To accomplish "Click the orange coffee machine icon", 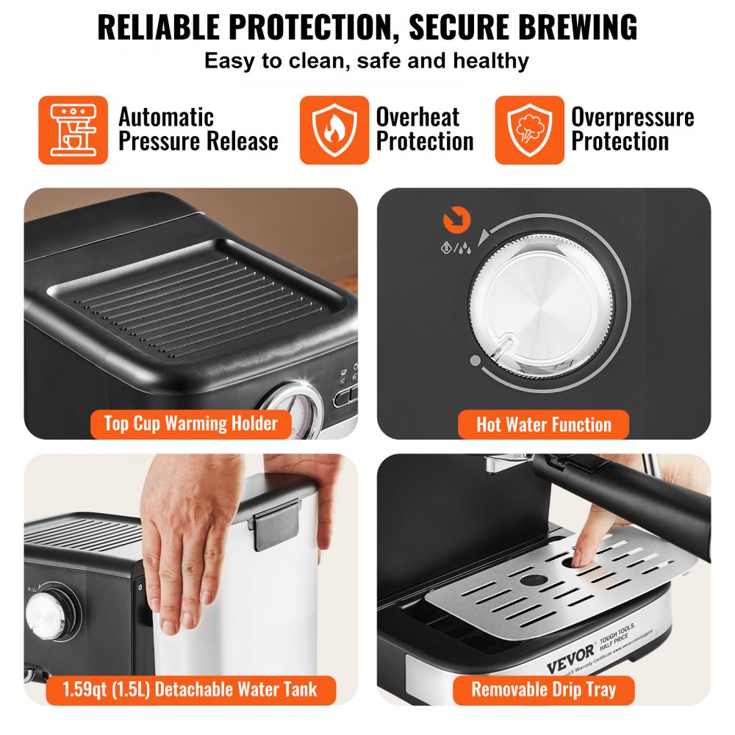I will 73,130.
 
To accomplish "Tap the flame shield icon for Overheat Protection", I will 334,130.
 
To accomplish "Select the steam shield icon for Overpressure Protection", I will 529,130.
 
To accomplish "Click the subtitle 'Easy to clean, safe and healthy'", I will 367,60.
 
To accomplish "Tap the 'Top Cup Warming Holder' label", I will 191,423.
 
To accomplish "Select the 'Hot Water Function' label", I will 543,424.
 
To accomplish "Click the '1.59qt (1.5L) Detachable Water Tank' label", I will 190,689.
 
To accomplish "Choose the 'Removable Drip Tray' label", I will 543,689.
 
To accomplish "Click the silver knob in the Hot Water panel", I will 540,301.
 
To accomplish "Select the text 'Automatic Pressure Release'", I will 198,129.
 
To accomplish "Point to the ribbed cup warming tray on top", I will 195,298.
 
